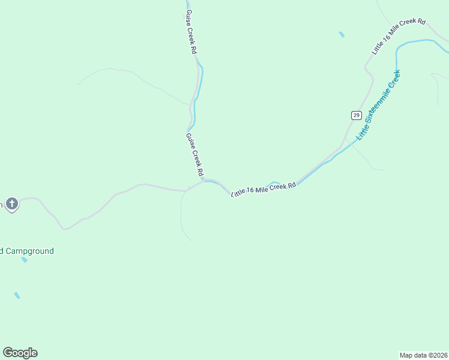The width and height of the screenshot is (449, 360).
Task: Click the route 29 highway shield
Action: click(x=356, y=115)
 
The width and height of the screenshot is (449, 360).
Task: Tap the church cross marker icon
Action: click(x=12, y=204)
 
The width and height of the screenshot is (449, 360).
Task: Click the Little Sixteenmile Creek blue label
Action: click(x=378, y=106)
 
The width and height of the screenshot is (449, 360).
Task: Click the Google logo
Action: click(x=20, y=353)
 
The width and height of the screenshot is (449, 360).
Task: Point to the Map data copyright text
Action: click(x=423, y=355)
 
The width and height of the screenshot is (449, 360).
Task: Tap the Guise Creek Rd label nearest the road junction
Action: click(x=194, y=154)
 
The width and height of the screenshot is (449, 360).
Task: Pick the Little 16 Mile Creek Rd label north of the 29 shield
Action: click(x=398, y=37)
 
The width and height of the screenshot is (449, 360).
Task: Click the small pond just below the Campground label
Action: click(x=24, y=260)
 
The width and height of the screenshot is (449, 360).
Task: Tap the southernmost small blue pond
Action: click(x=17, y=295)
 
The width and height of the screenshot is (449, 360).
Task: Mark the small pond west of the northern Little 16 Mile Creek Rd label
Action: click(x=342, y=34)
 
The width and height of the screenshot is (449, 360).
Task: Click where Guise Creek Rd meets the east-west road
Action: click(x=202, y=181)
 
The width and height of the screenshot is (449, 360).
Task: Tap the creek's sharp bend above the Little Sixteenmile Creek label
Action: click(x=398, y=48)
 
